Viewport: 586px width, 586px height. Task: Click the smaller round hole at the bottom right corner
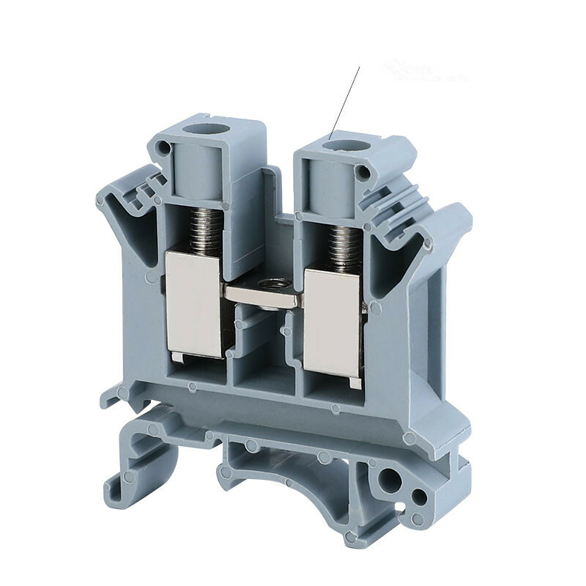tap(420, 497)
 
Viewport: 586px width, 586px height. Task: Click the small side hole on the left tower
tap(164, 149)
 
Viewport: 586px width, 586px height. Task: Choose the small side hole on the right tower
tap(362, 173)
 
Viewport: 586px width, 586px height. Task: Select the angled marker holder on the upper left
tap(132, 194)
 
